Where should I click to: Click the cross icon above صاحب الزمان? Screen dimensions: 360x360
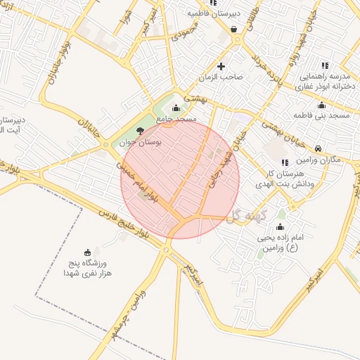[x=221, y=67]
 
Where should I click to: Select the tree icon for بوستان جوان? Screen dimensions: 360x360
[x=140, y=131]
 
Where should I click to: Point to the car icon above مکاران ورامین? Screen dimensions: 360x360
[x=319, y=148]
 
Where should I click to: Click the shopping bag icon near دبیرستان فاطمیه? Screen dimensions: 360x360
[x=233, y=30]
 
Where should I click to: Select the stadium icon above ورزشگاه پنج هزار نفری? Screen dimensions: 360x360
[x=87, y=252]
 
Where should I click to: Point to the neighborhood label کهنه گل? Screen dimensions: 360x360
[x=245, y=214]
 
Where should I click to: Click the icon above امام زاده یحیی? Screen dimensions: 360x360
[x=281, y=226]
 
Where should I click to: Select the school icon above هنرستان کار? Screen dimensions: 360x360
[x=285, y=162]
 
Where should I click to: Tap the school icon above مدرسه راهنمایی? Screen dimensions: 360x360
[x=324, y=65]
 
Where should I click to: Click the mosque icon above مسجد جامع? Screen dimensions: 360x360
[x=175, y=108]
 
